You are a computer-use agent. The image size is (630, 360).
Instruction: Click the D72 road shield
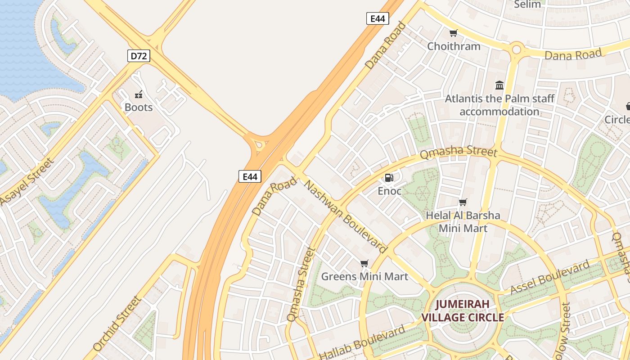tap(138, 56)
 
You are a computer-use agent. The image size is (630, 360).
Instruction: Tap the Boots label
tap(139, 108)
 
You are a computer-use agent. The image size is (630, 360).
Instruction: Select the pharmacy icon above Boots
tap(139, 94)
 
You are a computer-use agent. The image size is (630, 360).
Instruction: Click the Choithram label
tap(454, 46)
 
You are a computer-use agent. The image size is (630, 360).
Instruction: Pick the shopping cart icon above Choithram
tap(453, 33)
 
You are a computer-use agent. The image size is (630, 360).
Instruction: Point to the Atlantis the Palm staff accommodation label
tap(499, 105)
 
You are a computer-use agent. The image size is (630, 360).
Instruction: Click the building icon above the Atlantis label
tap(499, 85)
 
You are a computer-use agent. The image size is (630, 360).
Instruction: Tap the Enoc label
tap(389, 191)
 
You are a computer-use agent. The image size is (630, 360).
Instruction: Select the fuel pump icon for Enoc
tap(389, 178)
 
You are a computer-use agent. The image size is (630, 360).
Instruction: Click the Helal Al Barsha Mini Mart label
tap(463, 222)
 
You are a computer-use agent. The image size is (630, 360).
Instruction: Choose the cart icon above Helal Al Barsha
tap(463, 202)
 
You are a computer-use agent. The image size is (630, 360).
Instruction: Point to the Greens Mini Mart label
tap(364, 276)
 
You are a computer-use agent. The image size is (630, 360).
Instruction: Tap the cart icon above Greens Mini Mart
tap(364, 263)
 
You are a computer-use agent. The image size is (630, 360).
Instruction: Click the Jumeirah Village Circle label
tap(463, 311)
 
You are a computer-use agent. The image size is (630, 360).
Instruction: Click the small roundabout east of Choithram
tap(517, 49)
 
